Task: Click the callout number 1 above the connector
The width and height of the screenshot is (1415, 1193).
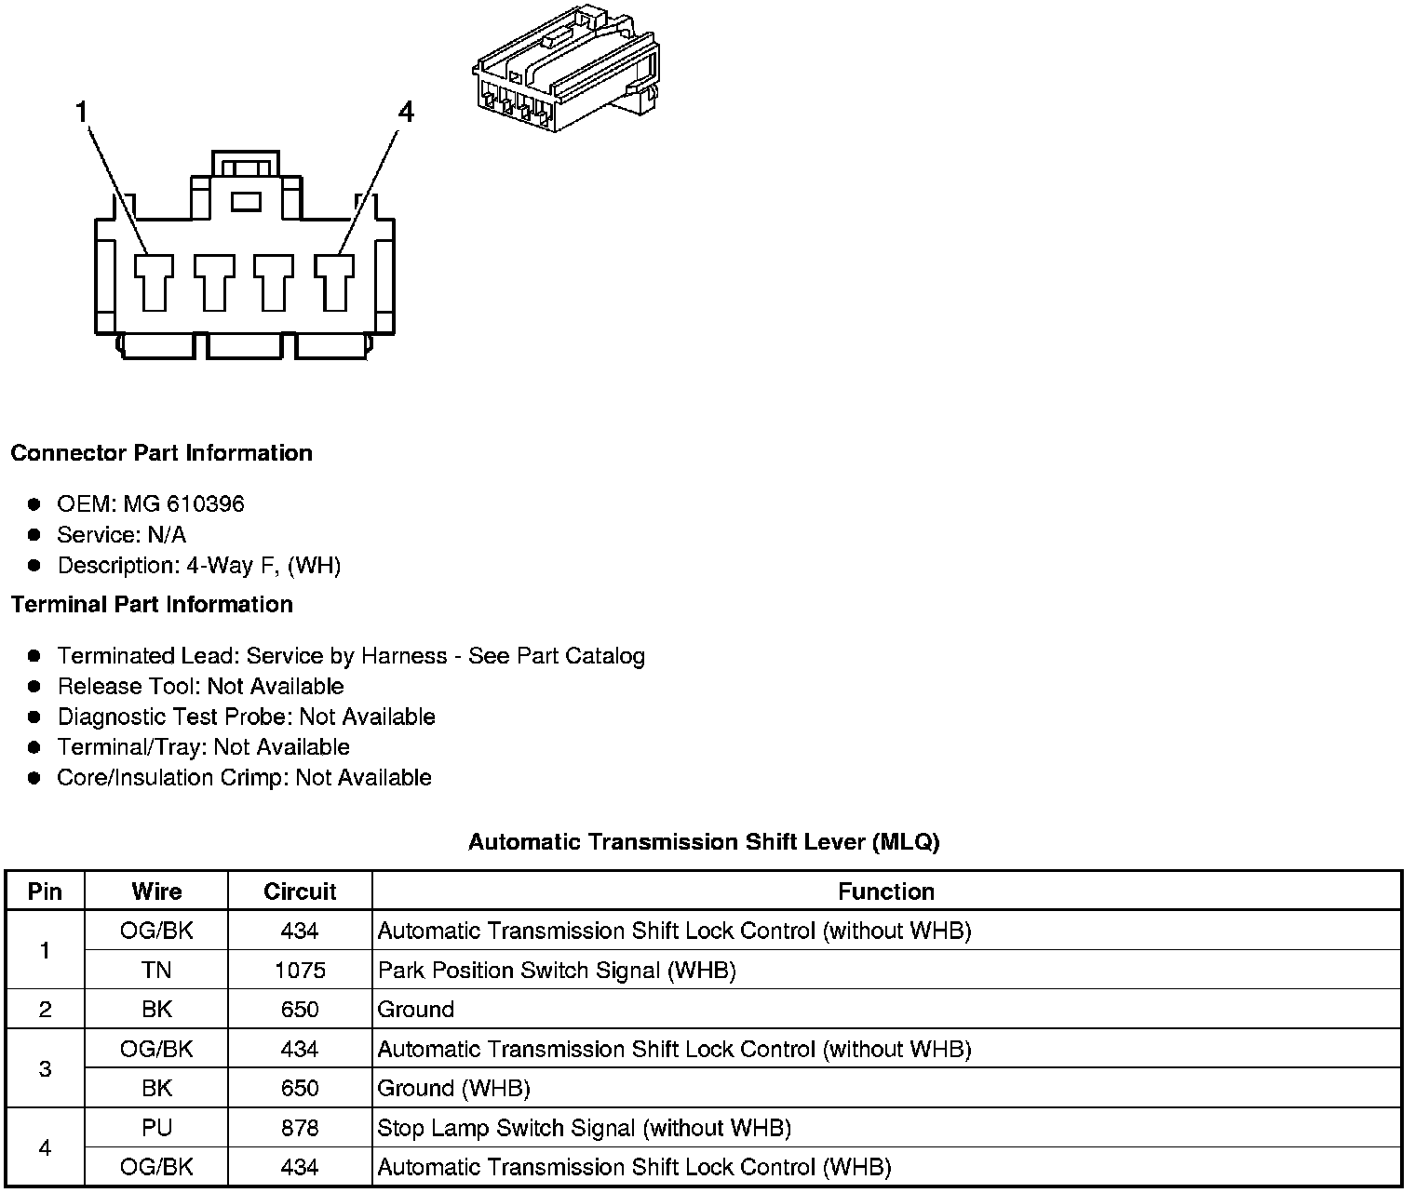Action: (x=82, y=113)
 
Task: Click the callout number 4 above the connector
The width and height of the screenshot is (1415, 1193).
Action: (x=405, y=113)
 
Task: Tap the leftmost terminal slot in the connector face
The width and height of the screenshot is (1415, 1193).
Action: (x=155, y=281)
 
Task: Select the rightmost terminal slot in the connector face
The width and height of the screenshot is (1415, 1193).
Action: (x=333, y=281)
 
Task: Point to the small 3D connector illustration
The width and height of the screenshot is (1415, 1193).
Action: (x=564, y=68)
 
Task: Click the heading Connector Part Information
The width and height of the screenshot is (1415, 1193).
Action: (x=161, y=453)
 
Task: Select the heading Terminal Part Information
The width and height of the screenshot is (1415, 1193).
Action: (x=152, y=605)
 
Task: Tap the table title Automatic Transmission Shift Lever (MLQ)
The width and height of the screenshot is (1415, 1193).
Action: (x=704, y=842)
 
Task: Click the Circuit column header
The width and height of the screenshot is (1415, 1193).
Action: (x=300, y=891)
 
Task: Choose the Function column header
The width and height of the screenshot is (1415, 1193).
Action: (x=886, y=891)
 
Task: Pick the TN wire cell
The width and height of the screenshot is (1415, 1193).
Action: (x=156, y=971)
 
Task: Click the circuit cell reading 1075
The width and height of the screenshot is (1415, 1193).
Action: (x=300, y=971)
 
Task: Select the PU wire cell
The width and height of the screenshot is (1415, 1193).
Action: (x=156, y=1128)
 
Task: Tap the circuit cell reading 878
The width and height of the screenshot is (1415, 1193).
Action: (x=300, y=1128)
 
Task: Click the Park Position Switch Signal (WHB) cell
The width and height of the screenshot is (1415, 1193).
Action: (x=557, y=971)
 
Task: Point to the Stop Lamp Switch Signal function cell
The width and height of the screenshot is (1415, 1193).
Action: (x=584, y=1128)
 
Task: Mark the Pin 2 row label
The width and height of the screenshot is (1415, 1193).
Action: (x=45, y=1010)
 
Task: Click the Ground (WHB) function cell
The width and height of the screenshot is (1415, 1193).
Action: (x=453, y=1089)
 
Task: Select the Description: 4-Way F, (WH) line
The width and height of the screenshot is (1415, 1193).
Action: (x=199, y=566)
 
